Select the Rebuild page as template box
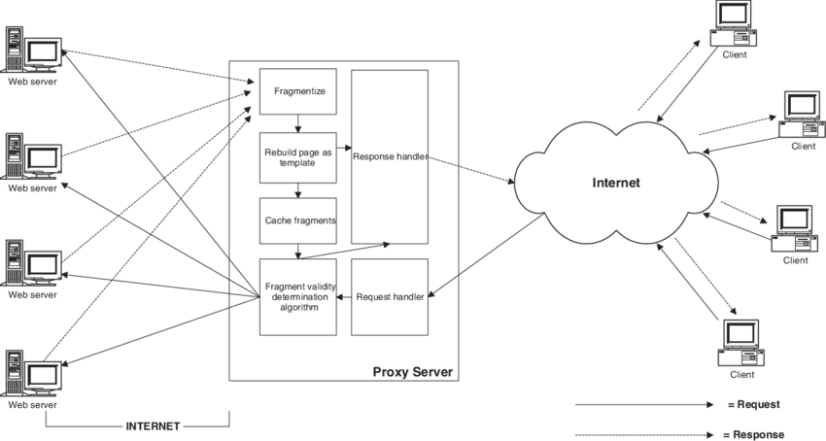[x=297, y=157]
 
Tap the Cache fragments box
[x=297, y=220]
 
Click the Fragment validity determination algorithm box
[x=297, y=296]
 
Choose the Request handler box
[x=390, y=296]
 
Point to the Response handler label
[x=390, y=156]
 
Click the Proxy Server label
[x=413, y=373]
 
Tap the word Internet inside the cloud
[x=617, y=182]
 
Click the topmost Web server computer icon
[x=32, y=52]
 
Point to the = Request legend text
[x=753, y=404]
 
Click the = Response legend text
[x=755, y=434]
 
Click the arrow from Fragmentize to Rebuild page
[x=297, y=123]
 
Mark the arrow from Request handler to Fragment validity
[x=343, y=297]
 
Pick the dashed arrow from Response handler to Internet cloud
[x=471, y=168]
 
